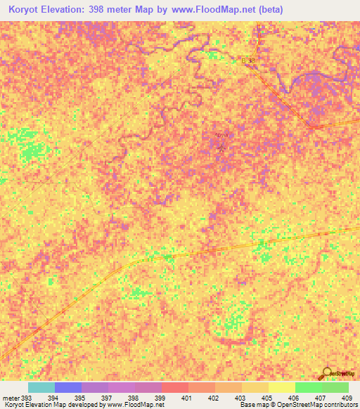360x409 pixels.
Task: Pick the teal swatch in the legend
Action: pos(41,387)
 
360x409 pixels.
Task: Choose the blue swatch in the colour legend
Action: pos(68,387)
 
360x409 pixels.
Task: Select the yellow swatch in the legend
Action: pos(282,387)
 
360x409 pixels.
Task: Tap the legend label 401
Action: pos(188,398)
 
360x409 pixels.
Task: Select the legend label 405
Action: pos(268,398)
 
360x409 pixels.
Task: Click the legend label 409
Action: pos(348,398)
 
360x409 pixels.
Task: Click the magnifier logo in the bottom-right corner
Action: pos(328,372)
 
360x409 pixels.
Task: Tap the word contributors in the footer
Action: pos(340,405)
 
